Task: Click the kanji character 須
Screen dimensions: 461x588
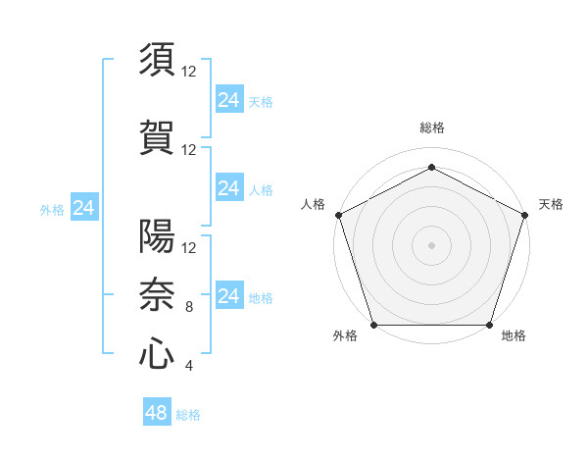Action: pyautogui.click(x=157, y=61)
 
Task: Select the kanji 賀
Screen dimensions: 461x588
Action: pyautogui.click(x=157, y=138)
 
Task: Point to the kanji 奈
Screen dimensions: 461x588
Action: pyautogui.click(x=157, y=293)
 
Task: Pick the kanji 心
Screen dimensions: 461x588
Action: pyautogui.click(x=157, y=353)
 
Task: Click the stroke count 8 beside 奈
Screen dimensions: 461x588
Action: pyautogui.click(x=189, y=307)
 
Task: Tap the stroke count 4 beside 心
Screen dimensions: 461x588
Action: pyautogui.click(x=189, y=367)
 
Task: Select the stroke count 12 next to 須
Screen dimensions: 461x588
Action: pyautogui.click(x=189, y=72)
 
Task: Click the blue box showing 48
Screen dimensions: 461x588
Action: pyautogui.click(x=157, y=413)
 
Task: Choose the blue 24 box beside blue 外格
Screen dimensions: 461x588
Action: pyautogui.click(x=84, y=208)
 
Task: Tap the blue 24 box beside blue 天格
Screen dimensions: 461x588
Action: pyautogui.click(x=228, y=99)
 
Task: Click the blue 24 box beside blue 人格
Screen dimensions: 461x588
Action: pyautogui.click(x=228, y=187)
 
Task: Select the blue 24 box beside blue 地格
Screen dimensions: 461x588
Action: pyautogui.click(x=228, y=295)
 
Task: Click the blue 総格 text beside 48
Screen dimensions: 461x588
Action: pyautogui.click(x=188, y=415)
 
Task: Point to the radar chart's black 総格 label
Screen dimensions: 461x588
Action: pyautogui.click(x=431, y=128)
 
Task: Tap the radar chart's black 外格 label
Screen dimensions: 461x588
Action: pyautogui.click(x=345, y=336)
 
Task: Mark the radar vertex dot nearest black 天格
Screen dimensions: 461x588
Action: pyautogui.click(x=525, y=215)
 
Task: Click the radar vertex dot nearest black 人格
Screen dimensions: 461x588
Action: pyautogui.click(x=338, y=215)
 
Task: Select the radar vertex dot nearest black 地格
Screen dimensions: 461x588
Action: pyautogui.click(x=489, y=325)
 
